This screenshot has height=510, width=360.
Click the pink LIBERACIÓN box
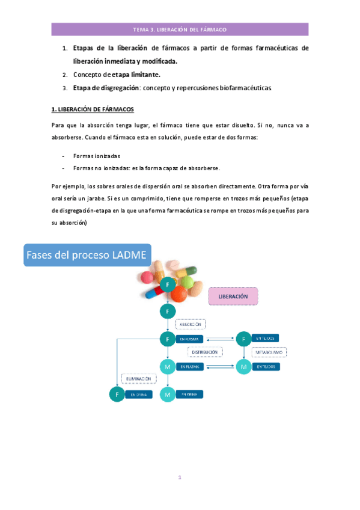pos(233,296)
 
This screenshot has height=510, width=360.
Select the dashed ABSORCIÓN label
pos(190,324)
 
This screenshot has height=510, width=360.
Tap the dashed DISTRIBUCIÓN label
pos(205,352)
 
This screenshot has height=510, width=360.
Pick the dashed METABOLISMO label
pos(269,352)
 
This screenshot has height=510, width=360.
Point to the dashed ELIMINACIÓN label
pos(139,379)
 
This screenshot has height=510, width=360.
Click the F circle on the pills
pos(168,283)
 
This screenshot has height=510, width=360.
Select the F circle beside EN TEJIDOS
pos(243,339)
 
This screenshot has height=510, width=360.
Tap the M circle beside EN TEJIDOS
pos(243,366)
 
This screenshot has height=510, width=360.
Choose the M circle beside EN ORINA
pos(168,395)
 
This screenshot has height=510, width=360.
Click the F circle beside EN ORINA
pos(116,395)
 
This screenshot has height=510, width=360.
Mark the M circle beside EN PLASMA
pos(168,366)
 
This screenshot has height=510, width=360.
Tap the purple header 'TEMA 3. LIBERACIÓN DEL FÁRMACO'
pos(180,29)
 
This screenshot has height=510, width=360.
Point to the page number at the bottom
pos(180,478)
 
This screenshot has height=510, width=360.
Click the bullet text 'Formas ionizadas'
pos(96,155)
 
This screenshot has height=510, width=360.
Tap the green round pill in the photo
pos(187,281)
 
